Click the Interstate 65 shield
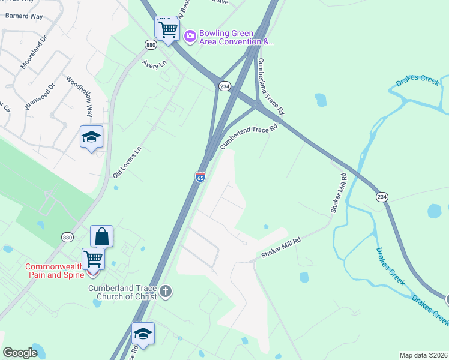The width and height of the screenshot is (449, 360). pos(200,176)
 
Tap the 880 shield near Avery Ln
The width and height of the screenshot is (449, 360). pos(150,44)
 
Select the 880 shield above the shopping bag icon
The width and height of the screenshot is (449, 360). pos(68,238)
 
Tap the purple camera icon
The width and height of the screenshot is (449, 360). pos(190,37)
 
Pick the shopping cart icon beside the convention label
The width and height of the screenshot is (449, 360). pos(167,28)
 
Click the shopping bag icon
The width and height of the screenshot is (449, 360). pos(101,236)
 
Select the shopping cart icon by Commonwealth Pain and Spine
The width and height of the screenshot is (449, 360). pos(93,259)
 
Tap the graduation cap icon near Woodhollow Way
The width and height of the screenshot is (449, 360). pos(91,137)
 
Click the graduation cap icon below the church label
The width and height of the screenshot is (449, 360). pos(143,334)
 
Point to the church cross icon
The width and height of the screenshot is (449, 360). pos(166,292)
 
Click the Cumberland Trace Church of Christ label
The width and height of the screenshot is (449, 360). pos(122,292)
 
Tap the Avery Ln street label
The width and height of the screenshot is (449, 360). pos(154,64)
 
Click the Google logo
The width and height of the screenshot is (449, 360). pos(20,353)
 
